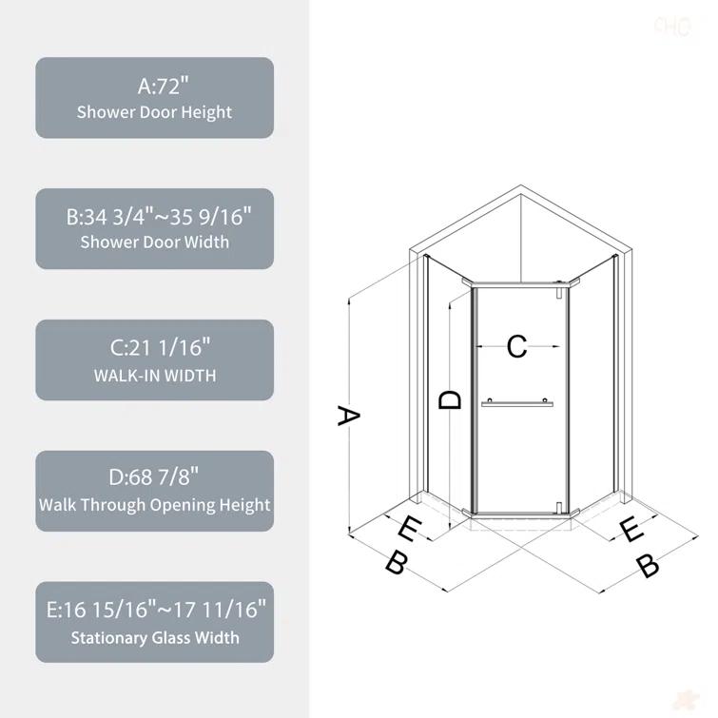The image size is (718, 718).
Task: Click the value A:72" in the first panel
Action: (155, 86)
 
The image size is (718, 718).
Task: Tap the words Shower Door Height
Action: (155, 112)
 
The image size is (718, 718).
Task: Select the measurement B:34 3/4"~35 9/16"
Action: (155, 217)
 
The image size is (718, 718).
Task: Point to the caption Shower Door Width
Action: (155, 243)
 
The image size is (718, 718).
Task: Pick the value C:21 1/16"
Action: (155, 347)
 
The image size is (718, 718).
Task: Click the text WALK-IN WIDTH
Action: (155, 375)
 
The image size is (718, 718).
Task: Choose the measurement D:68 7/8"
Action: (155, 477)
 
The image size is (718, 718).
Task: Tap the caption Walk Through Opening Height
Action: (155, 505)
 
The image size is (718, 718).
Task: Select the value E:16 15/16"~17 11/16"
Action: (155, 609)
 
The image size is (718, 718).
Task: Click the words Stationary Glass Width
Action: (155, 637)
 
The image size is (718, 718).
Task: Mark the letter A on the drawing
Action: (349, 416)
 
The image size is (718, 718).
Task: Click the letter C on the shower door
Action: (516, 346)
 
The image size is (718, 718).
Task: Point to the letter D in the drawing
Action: (450, 400)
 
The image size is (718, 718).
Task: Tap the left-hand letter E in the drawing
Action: (409, 529)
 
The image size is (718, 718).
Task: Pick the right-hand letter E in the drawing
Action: (631, 530)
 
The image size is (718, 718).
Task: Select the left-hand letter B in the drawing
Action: (397, 562)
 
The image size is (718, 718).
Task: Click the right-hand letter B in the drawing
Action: (647, 566)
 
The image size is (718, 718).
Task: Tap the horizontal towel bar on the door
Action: (516, 403)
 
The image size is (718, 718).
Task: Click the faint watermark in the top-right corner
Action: (671, 27)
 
